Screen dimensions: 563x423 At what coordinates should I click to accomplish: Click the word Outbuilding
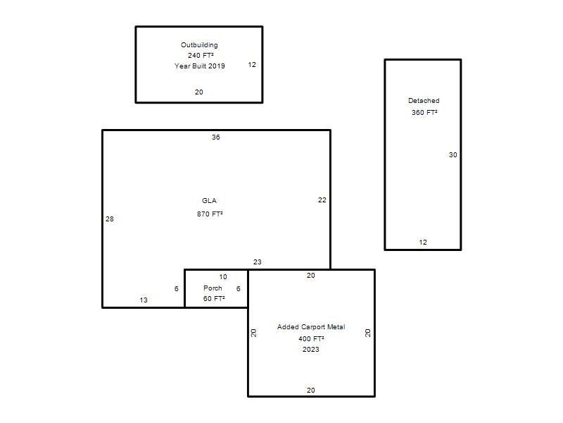(199, 45)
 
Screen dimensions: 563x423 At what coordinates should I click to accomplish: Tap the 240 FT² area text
(201, 56)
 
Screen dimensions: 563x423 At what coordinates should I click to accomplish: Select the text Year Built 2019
(200, 66)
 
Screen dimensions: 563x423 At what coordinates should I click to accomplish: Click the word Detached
(424, 101)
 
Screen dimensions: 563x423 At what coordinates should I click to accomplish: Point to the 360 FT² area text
(424, 112)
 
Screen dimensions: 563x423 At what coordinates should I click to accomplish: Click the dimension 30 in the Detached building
(453, 154)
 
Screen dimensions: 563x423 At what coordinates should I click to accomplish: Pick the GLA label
(209, 201)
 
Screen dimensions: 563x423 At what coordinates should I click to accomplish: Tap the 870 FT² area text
(210, 214)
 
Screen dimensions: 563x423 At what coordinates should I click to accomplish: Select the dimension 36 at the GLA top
(216, 137)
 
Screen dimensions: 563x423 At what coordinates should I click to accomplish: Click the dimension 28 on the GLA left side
(110, 219)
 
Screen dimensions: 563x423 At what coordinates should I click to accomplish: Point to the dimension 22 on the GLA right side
(322, 200)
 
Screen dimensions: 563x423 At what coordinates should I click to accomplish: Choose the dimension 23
(257, 262)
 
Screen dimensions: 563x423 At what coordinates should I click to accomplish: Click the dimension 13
(144, 300)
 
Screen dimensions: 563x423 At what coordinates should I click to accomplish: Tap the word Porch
(213, 288)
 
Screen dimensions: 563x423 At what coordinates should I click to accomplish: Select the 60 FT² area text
(214, 298)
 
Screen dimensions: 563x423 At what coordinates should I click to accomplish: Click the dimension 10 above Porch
(223, 277)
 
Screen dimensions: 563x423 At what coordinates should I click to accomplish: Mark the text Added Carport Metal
(311, 327)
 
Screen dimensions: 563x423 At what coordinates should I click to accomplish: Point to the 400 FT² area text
(311, 339)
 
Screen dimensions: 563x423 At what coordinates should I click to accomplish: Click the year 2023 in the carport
(311, 349)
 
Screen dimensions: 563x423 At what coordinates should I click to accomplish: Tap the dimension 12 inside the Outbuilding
(252, 65)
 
